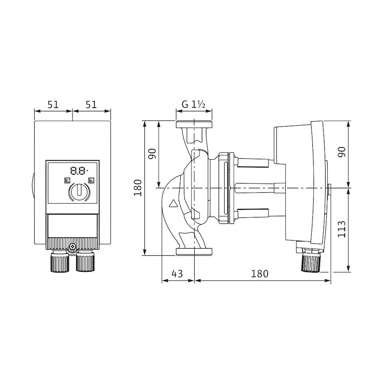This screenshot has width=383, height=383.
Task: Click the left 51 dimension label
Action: pos(53,105)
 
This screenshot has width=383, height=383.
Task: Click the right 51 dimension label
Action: pos(91,105)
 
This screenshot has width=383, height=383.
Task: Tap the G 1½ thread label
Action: pos(193,105)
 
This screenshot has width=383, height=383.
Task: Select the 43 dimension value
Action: pos(177,274)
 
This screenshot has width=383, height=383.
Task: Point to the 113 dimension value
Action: pos(342,229)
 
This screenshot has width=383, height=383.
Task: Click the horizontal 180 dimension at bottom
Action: pos(260,274)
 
